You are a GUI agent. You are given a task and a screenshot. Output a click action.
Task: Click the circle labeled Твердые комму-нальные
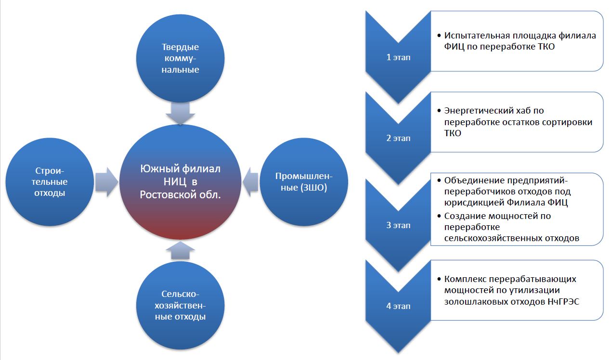pyautogui.click(x=180, y=58)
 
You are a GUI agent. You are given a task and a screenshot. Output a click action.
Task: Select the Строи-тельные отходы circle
pyautogui.click(x=50, y=182)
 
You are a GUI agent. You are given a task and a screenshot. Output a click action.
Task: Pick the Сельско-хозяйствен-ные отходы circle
pyautogui.click(x=180, y=305)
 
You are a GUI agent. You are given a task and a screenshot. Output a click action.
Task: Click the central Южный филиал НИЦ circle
pyautogui.click(x=180, y=183)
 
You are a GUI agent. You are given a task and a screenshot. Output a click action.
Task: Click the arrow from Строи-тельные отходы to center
pyautogui.click(x=106, y=182)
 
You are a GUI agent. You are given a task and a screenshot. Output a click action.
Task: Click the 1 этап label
pyautogui.click(x=398, y=57)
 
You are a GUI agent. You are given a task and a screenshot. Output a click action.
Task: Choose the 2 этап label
pyautogui.click(x=398, y=138)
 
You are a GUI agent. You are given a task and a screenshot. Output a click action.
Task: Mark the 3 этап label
pyautogui.click(x=398, y=225)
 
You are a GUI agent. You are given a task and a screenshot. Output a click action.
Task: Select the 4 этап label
pyautogui.click(x=398, y=306)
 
